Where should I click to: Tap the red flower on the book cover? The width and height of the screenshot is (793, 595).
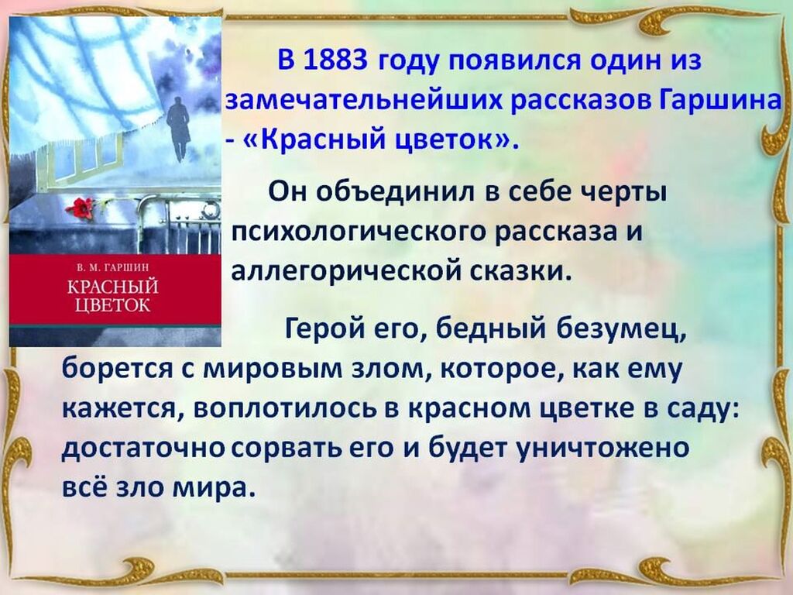tap(79, 208)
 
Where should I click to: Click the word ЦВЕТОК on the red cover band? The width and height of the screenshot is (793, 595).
tap(113, 305)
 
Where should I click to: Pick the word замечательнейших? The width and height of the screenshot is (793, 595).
tap(364, 100)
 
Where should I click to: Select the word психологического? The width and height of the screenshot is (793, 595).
tap(359, 232)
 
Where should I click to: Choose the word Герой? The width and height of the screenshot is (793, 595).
tap(324, 330)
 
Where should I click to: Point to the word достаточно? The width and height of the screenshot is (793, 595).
tap(142, 449)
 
